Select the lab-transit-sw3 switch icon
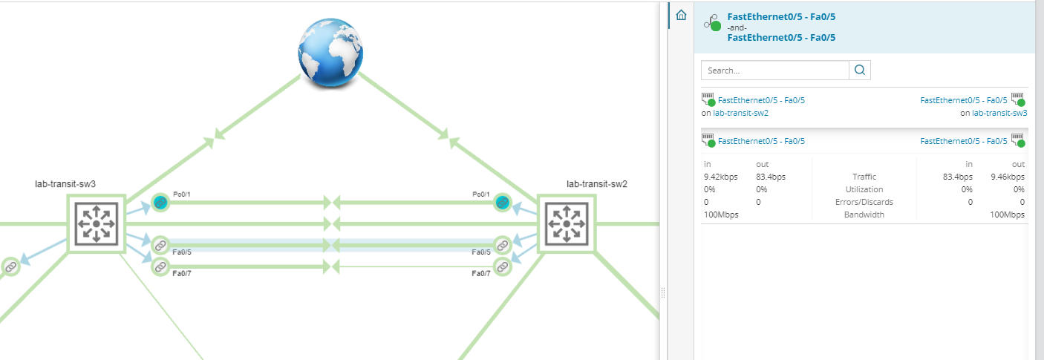click(x=96, y=223)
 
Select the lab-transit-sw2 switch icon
click(x=567, y=223)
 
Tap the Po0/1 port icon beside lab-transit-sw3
click(x=160, y=202)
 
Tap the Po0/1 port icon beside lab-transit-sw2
click(x=503, y=202)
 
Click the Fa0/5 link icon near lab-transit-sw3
click(x=160, y=245)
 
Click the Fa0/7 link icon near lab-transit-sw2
click(x=503, y=266)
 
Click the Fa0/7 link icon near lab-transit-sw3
click(x=160, y=266)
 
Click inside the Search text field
click(x=774, y=71)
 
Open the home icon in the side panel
click(x=681, y=15)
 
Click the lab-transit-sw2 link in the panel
click(x=740, y=114)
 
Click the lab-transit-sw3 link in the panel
click(x=999, y=114)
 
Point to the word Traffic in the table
click(x=864, y=177)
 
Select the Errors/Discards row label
click(x=864, y=202)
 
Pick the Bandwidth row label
click(x=864, y=215)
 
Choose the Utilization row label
click(x=864, y=189)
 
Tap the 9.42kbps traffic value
click(x=720, y=177)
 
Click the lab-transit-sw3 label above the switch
click(x=65, y=184)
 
